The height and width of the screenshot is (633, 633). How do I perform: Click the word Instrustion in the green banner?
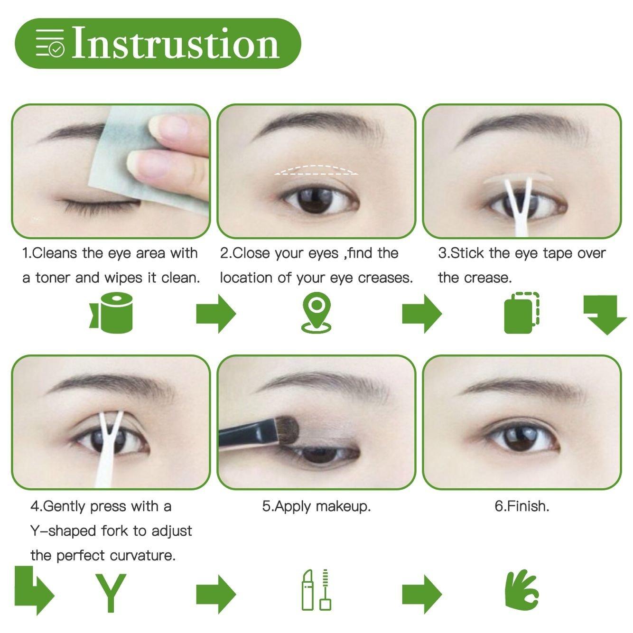pyautogui.click(x=176, y=44)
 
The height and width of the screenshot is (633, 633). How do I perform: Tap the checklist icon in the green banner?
pyautogui.click(x=50, y=44)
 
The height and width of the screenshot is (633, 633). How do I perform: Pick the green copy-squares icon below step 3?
pyautogui.click(x=521, y=313)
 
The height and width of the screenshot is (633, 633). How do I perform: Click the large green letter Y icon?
pyautogui.click(x=111, y=593)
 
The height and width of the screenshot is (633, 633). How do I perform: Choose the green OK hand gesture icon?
pyautogui.click(x=521, y=591)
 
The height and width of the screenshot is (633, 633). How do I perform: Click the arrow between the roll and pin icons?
pyautogui.click(x=216, y=313)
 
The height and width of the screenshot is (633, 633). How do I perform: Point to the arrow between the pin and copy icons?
pyautogui.click(x=421, y=313)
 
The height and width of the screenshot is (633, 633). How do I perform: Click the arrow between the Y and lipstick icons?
pyautogui.click(x=216, y=594)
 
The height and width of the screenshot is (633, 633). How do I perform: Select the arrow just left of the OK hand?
pyautogui.click(x=421, y=594)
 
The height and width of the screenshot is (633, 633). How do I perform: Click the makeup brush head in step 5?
pyautogui.click(x=287, y=430)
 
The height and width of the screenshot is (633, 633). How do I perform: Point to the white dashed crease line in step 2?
pyautogui.click(x=316, y=170)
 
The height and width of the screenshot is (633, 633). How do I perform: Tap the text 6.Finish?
pyautogui.click(x=521, y=506)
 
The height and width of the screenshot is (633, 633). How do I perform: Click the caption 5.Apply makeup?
pyautogui.click(x=316, y=506)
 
